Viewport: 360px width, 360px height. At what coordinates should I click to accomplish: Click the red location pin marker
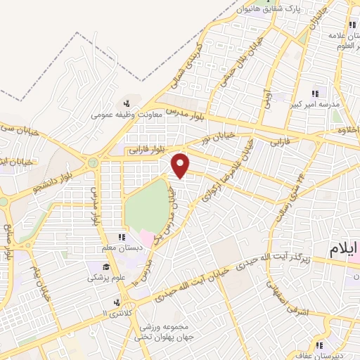click(181, 165)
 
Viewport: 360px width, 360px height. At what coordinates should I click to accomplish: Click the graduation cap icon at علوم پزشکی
click(105, 266)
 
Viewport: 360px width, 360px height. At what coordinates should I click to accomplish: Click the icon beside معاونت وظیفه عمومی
click(126, 104)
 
